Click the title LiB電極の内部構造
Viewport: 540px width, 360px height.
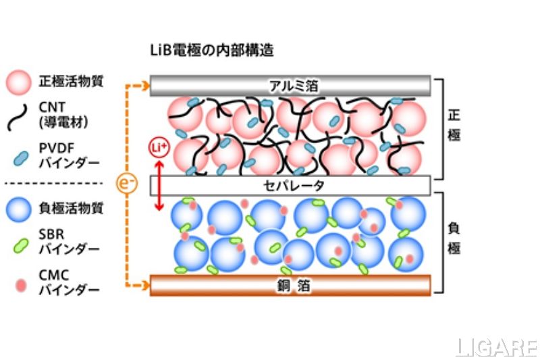click(211, 50)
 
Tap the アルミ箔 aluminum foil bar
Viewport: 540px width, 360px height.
click(290, 86)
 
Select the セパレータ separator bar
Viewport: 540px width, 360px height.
click(290, 184)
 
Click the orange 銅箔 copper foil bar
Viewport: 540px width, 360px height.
click(290, 285)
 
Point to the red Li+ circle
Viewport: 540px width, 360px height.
click(157, 147)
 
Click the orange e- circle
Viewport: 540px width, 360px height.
click(127, 184)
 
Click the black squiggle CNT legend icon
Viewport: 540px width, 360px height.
click(19, 115)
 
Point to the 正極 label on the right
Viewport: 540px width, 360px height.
click(454, 125)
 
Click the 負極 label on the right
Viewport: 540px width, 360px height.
click(454, 239)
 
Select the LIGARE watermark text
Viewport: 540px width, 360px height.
click(496, 348)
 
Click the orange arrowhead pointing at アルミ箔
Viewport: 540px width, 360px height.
click(144, 86)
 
